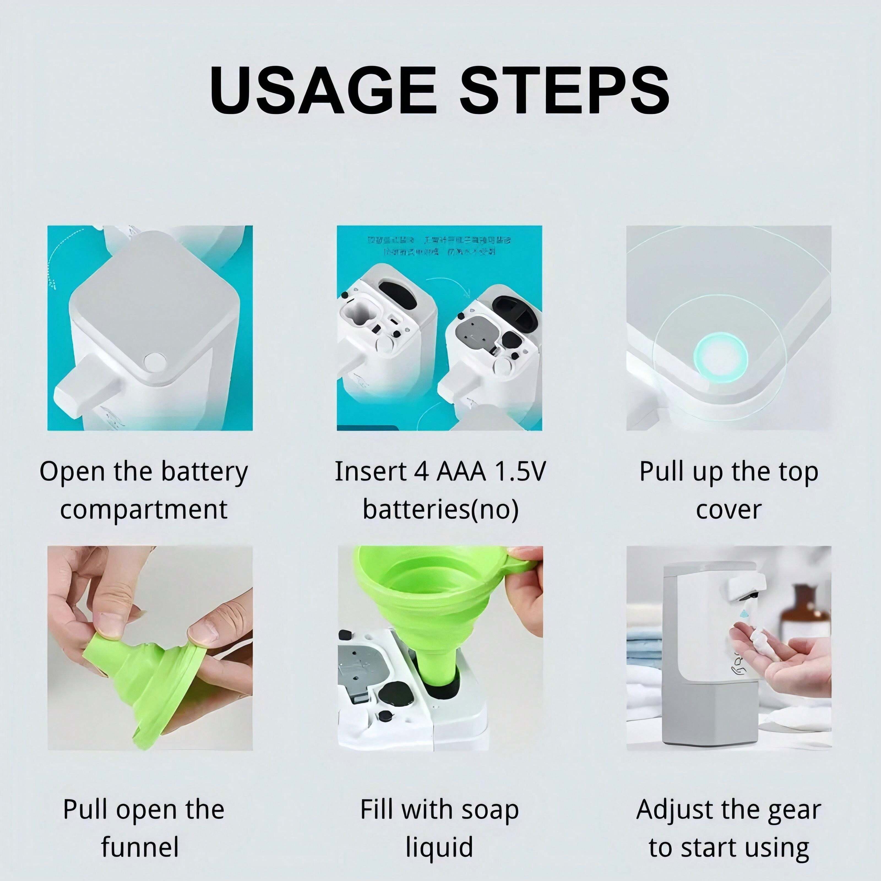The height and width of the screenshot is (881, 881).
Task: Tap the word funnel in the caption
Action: (140, 847)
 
